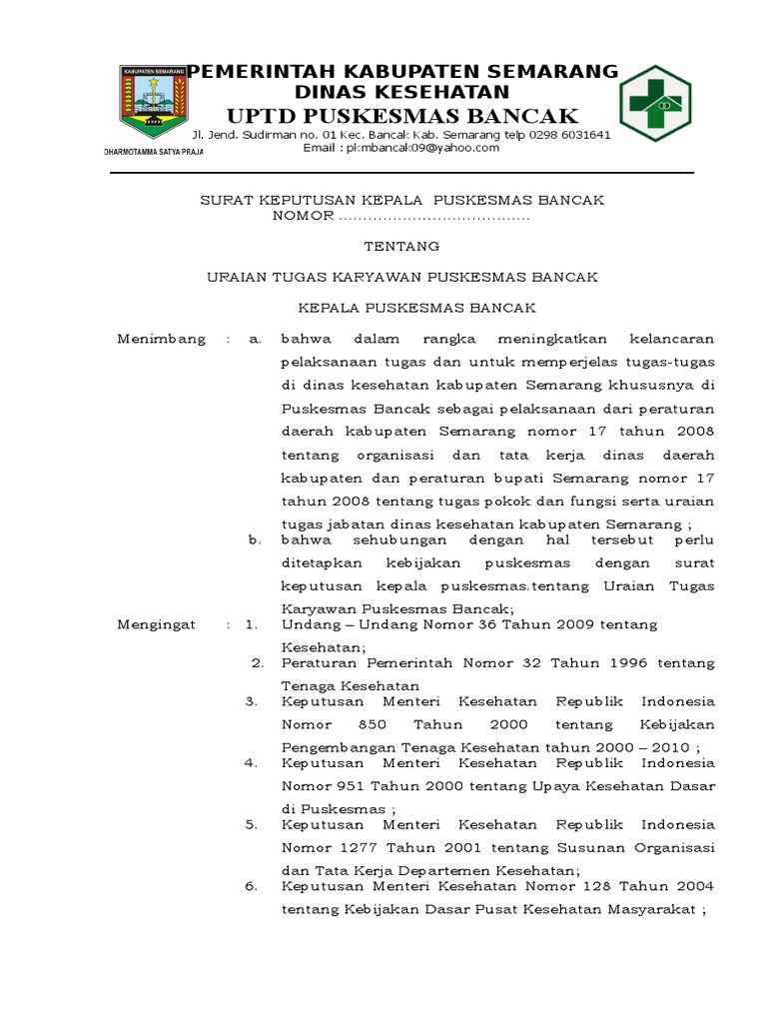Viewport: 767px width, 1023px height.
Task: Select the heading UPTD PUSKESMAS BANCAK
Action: pyautogui.click(x=401, y=113)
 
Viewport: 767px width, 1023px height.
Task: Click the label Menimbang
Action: pyautogui.click(x=162, y=339)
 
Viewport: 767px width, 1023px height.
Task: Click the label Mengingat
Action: pyautogui.click(x=158, y=624)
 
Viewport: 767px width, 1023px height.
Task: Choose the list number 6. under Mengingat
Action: pyautogui.click(x=253, y=885)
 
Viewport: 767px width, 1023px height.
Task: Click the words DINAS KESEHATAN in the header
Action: pyautogui.click(x=401, y=90)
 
